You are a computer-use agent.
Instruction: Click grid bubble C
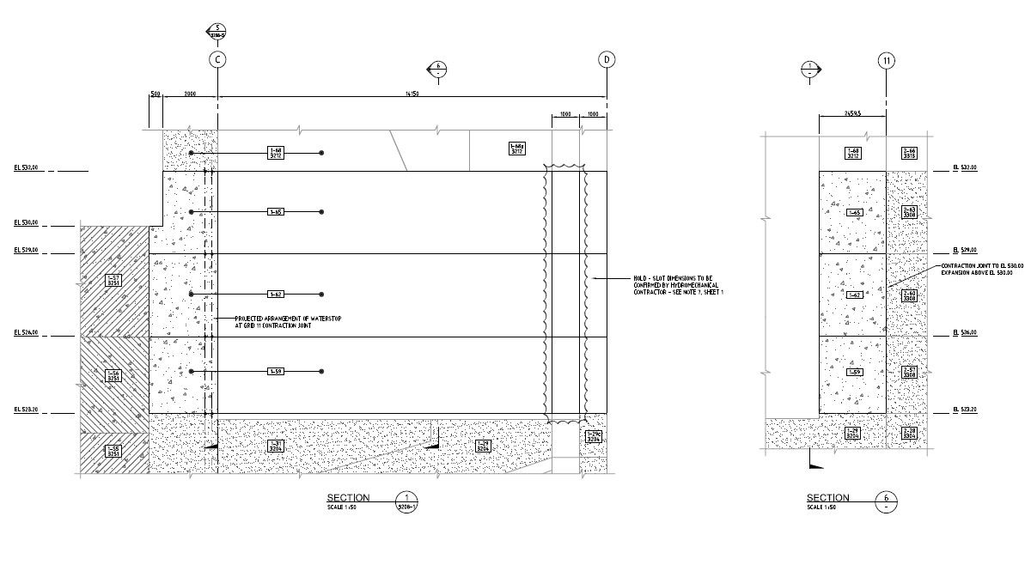coord(217,59)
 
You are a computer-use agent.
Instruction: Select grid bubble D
coord(607,59)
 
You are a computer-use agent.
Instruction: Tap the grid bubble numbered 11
coord(887,60)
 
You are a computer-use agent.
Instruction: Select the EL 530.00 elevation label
coord(27,223)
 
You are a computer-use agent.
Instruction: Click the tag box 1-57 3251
coord(113,280)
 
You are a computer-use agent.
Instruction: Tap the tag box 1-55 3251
coord(113,451)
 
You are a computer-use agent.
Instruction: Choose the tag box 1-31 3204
coord(276,446)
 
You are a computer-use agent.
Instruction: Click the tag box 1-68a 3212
coord(517,149)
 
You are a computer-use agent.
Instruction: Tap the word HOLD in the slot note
coord(641,278)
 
